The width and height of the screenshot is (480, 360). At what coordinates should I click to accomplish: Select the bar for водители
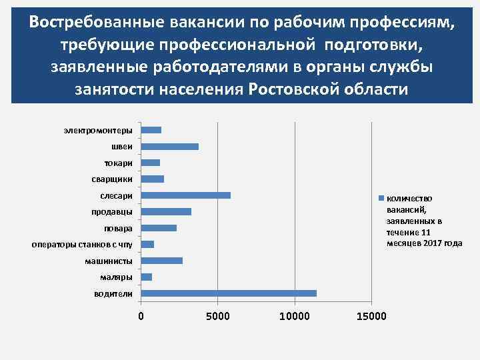(x=229, y=293)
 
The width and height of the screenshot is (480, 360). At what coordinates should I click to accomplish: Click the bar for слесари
(x=186, y=195)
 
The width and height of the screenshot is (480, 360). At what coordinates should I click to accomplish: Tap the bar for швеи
(x=170, y=147)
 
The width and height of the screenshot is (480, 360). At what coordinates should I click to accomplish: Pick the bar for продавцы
(x=166, y=212)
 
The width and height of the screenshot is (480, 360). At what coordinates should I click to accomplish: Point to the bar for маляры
(x=147, y=277)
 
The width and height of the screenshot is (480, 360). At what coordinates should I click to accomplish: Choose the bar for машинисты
(x=162, y=261)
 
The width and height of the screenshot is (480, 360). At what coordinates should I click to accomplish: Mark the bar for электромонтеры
(x=151, y=130)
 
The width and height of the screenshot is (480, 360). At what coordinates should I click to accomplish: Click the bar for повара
(x=159, y=228)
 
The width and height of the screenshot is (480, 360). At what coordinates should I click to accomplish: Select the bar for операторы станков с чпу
(x=147, y=245)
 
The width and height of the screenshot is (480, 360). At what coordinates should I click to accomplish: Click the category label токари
(x=118, y=163)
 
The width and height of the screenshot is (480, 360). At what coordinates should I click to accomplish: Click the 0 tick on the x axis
(x=141, y=315)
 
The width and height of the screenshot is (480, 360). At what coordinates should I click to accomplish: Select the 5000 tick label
(x=218, y=315)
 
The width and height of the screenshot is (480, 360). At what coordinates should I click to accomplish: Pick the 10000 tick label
(x=295, y=315)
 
